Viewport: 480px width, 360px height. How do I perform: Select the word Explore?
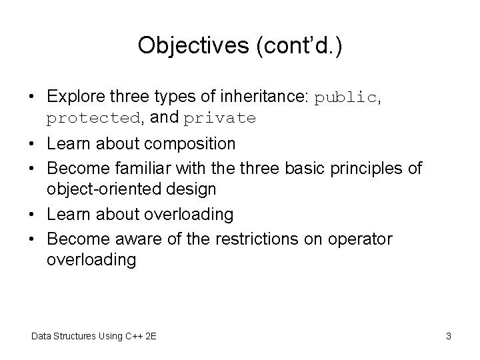click(75, 97)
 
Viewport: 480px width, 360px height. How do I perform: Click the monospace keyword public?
click(346, 97)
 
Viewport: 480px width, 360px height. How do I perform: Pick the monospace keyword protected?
click(93, 119)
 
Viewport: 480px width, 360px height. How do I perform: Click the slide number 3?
click(449, 336)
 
